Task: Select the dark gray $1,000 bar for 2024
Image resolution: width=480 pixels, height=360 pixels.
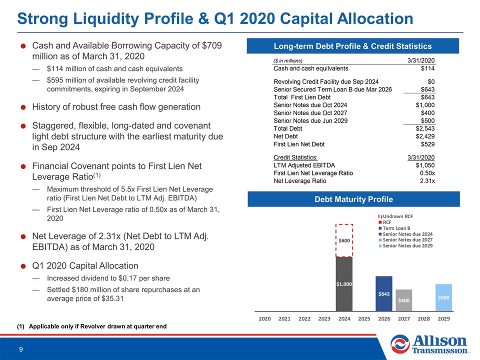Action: click(x=344, y=284)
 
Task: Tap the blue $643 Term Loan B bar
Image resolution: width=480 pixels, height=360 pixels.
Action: click(x=384, y=293)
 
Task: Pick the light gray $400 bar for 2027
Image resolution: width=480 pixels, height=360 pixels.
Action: click(x=404, y=300)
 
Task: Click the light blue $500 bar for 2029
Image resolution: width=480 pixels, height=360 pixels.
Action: click(x=443, y=297)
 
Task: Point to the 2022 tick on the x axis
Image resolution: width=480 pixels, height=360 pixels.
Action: click(x=304, y=318)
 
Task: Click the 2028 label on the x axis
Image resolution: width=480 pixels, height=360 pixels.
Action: click(x=423, y=318)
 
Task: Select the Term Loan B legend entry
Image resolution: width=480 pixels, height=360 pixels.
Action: click(x=394, y=228)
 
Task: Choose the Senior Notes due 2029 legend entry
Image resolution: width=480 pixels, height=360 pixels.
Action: click(x=405, y=246)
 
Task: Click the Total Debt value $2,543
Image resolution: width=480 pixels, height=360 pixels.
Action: click(x=425, y=128)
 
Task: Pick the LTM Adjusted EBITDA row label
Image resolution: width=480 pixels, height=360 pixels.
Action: click(x=304, y=165)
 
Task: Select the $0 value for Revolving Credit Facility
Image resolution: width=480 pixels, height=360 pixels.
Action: click(x=431, y=81)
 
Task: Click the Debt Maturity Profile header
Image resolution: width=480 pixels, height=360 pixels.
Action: click(x=353, y=199)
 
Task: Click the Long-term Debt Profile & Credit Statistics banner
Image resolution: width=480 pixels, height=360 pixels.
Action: click(x=352, y=46)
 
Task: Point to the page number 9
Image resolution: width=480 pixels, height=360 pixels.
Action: click(x=21, y=349)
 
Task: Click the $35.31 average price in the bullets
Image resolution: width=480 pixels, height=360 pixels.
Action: click(x=112, y=298)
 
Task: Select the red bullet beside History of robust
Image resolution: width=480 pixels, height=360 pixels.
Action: click(x=23, y=107)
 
